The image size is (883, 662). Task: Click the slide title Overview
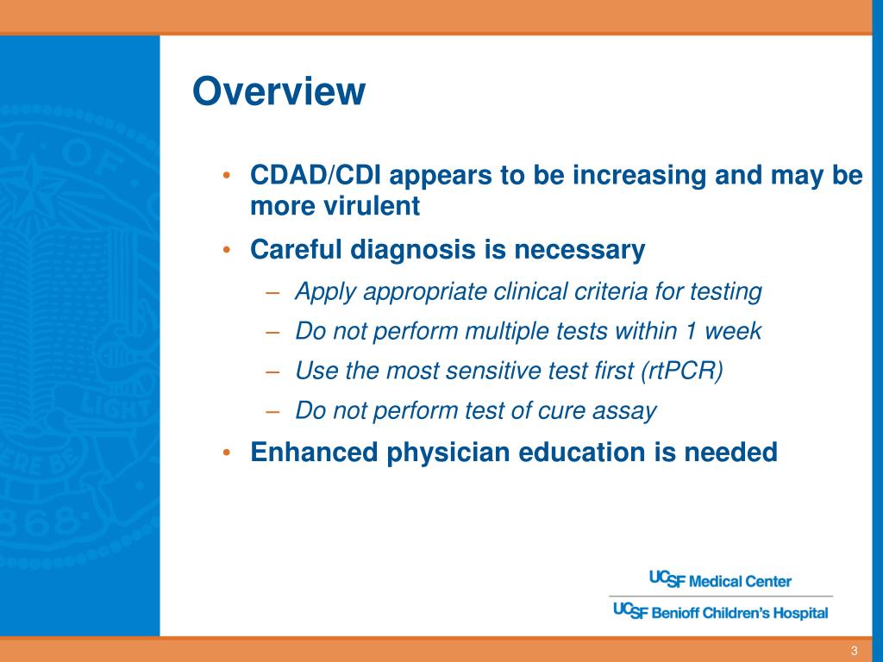(279, 91)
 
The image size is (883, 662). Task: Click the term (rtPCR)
(682, 371)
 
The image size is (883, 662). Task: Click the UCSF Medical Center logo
(720, 580)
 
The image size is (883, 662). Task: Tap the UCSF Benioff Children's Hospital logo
(720, 611)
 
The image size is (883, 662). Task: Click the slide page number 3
(855, 651)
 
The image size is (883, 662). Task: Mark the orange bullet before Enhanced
(227, 453)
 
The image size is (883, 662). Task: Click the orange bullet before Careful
(227, 249)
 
